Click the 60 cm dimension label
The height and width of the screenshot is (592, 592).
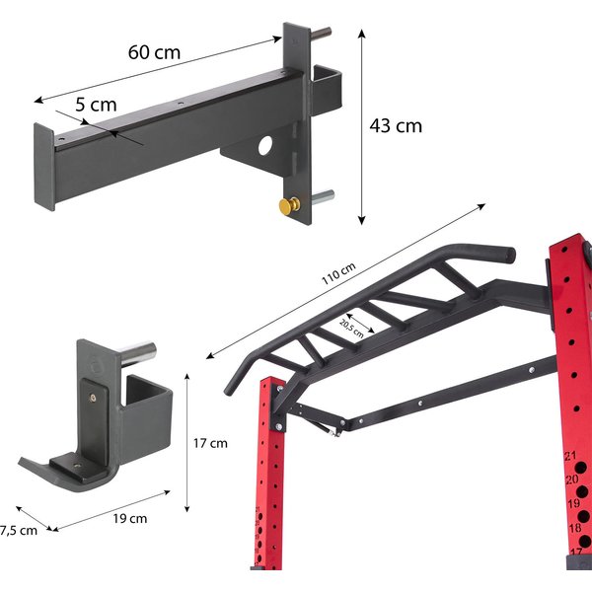click(154, 52)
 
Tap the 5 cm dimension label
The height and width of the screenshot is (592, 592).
click(96, 105)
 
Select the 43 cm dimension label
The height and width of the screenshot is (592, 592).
click(396, 125)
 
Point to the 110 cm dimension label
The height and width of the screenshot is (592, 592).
click(338, 273)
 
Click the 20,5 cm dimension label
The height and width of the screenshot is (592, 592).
click(352, 329)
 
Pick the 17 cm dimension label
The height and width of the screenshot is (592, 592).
click(210, 443)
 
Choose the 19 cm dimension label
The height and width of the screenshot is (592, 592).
click(130, 518)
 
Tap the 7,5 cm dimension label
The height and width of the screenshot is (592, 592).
click(19, 531)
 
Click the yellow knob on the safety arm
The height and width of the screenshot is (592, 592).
click(289, 206)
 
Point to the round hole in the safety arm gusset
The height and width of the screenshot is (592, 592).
click(265, 145)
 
